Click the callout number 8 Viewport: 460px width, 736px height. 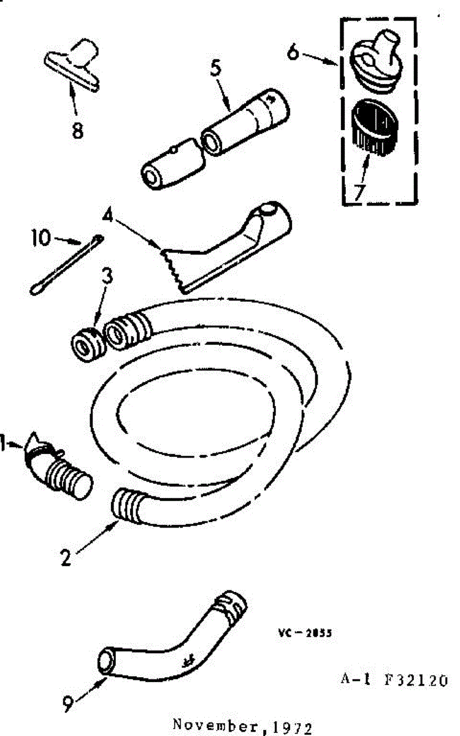point(77,131)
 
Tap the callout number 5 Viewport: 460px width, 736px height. point(215,69)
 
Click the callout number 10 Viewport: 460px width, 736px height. point(41,237)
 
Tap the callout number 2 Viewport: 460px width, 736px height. point(67,559)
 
